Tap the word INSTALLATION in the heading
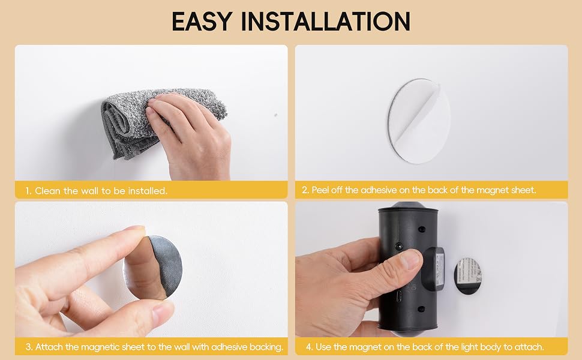326,21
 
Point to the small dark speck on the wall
275,115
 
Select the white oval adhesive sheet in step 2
419,121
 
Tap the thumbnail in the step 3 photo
163,311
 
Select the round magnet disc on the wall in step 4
467,275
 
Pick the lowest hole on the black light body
421,309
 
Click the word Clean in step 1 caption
47,191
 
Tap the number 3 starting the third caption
28,347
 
